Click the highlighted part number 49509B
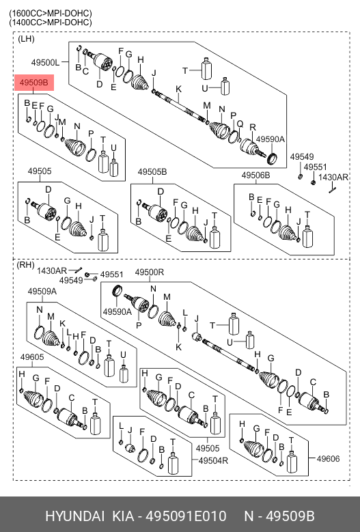tap(34, 83)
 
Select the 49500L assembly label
tap(45, 62)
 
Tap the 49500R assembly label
tap(150, 272)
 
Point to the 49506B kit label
tap(256, 175)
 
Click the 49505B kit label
tap(152, 172)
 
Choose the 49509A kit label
tap(42, 291)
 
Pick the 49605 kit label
tap(32, 357)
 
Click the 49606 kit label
tap(328, 459)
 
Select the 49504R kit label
tap(213, 460)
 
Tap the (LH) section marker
tap(26, 39)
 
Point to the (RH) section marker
tap(25, 265)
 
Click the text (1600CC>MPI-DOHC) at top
tap(51, 14)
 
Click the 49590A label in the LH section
tap(270, 139)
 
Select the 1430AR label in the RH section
tap(51, 270)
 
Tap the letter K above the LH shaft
tap(178, 89)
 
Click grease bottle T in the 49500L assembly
tap(206, 69)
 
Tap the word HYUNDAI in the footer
tap(75, 516)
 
